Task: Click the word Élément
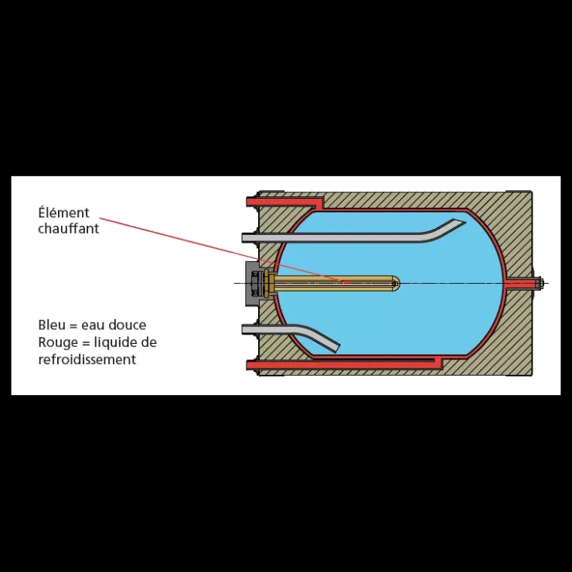coord(63,212)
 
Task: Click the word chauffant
coord(69,228)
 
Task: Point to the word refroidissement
coord(87,359)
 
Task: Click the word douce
coord(131,325)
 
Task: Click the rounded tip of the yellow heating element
coord(397,283)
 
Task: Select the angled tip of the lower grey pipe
coord(335,348)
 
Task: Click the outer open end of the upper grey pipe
coord(243,238)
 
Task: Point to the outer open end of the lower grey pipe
coord(243,329)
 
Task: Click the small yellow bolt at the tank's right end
coord(541,283)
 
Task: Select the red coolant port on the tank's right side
coord(521,283)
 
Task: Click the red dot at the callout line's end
coord(347,281)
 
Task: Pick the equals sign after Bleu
coord(73,325)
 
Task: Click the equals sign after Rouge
coord(85,343)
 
